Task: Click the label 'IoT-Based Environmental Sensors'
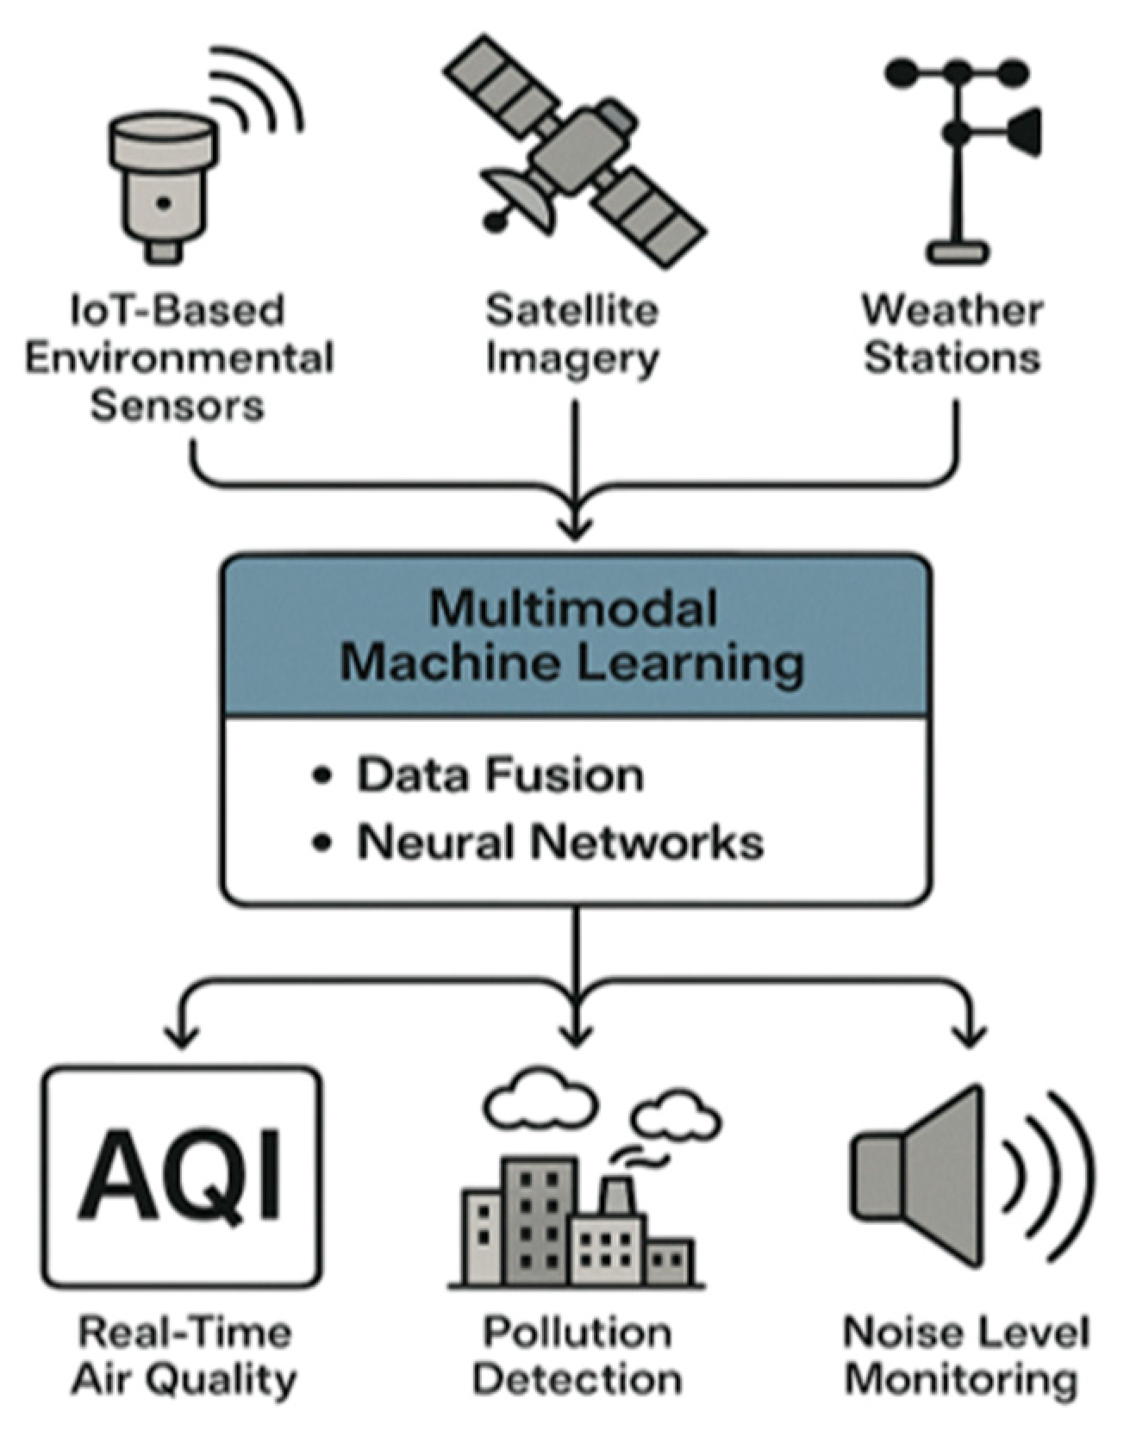point(178,357)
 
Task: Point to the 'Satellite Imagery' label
point(572,334)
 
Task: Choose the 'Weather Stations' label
point(952,334)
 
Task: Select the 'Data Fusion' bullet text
point(500,774)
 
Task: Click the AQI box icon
point(182,1177)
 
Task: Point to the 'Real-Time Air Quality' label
point(184,1356)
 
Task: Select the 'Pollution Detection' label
point(577,1356)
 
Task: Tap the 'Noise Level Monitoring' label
point(966,1356)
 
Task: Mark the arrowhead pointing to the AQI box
point(181,1035)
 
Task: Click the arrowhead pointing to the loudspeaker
point(971,1035)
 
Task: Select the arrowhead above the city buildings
point(576,1032)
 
